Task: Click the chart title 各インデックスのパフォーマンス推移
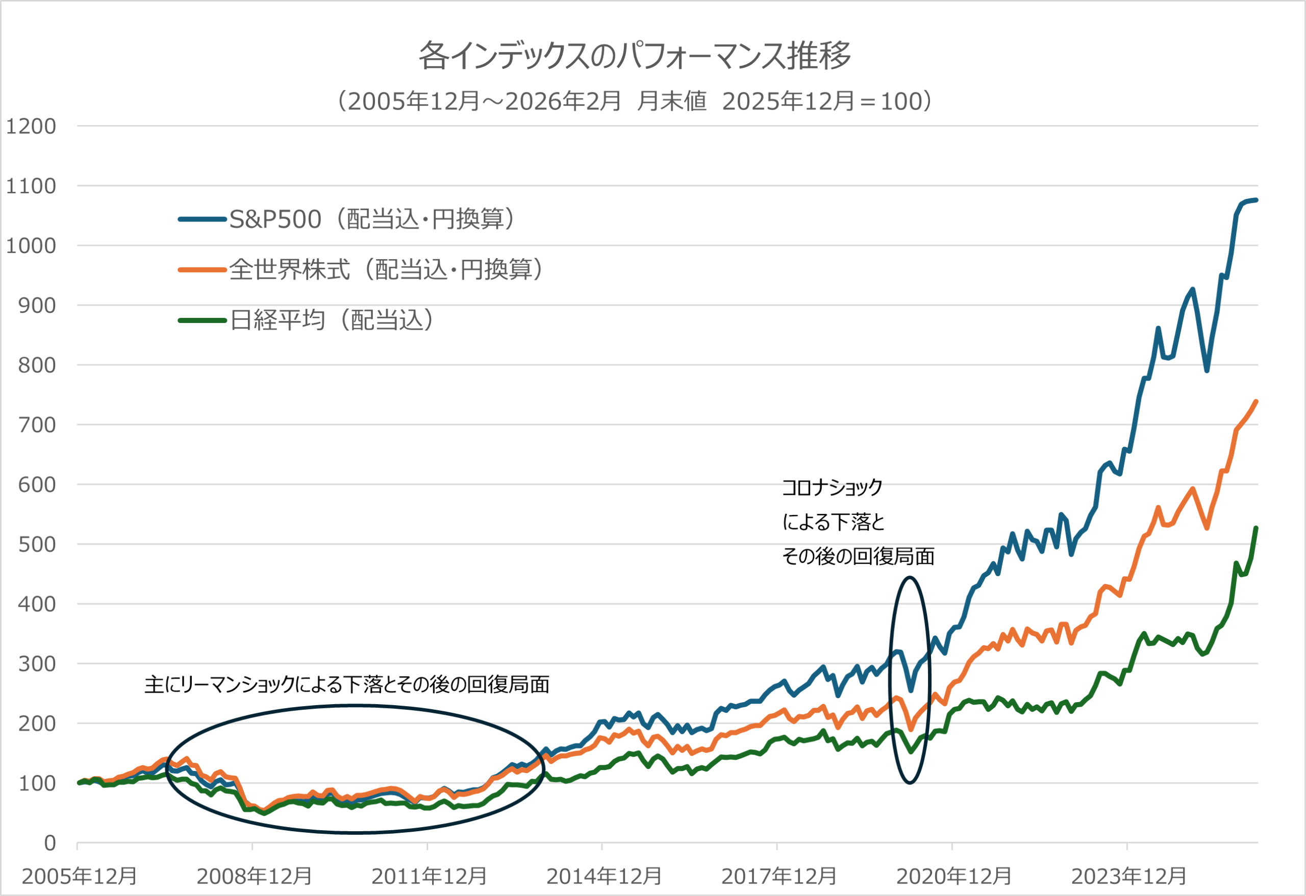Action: [x=635, y=55]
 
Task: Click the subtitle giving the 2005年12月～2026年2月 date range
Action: [x=635, y=101]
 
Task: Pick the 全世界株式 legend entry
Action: [x=360, y=269]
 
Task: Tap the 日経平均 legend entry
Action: [x=306, y=320]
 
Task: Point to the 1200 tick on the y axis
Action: [x=31, y=126]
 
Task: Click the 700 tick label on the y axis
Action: [x=37, y=425]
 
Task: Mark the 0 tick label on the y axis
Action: [x=50, y=843]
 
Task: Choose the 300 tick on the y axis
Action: [x=37, y=664]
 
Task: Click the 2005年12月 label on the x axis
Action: [x=79, y=876]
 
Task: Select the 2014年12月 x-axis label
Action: [x=604, y=876]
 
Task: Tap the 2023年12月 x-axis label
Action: [x=1128, y=876]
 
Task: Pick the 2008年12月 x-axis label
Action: [x=254, y=876]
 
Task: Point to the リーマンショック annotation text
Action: [x=347, y=685]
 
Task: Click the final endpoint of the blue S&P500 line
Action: [x=1257, y=200]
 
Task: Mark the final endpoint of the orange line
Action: [x=1257, y=402]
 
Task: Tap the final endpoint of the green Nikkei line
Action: [x=1257, y=528]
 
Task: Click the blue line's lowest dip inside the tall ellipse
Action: [x=911, y=690]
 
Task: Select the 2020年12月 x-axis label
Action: [x=953, y=876]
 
